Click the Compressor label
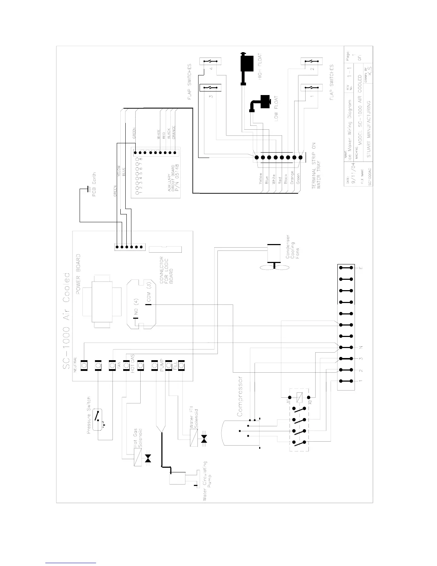click(x=240, y=396)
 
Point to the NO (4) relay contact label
click(x=136, y=312)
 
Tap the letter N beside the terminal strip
click(x=361, y=347)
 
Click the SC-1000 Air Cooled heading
click(x=66, y=323)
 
